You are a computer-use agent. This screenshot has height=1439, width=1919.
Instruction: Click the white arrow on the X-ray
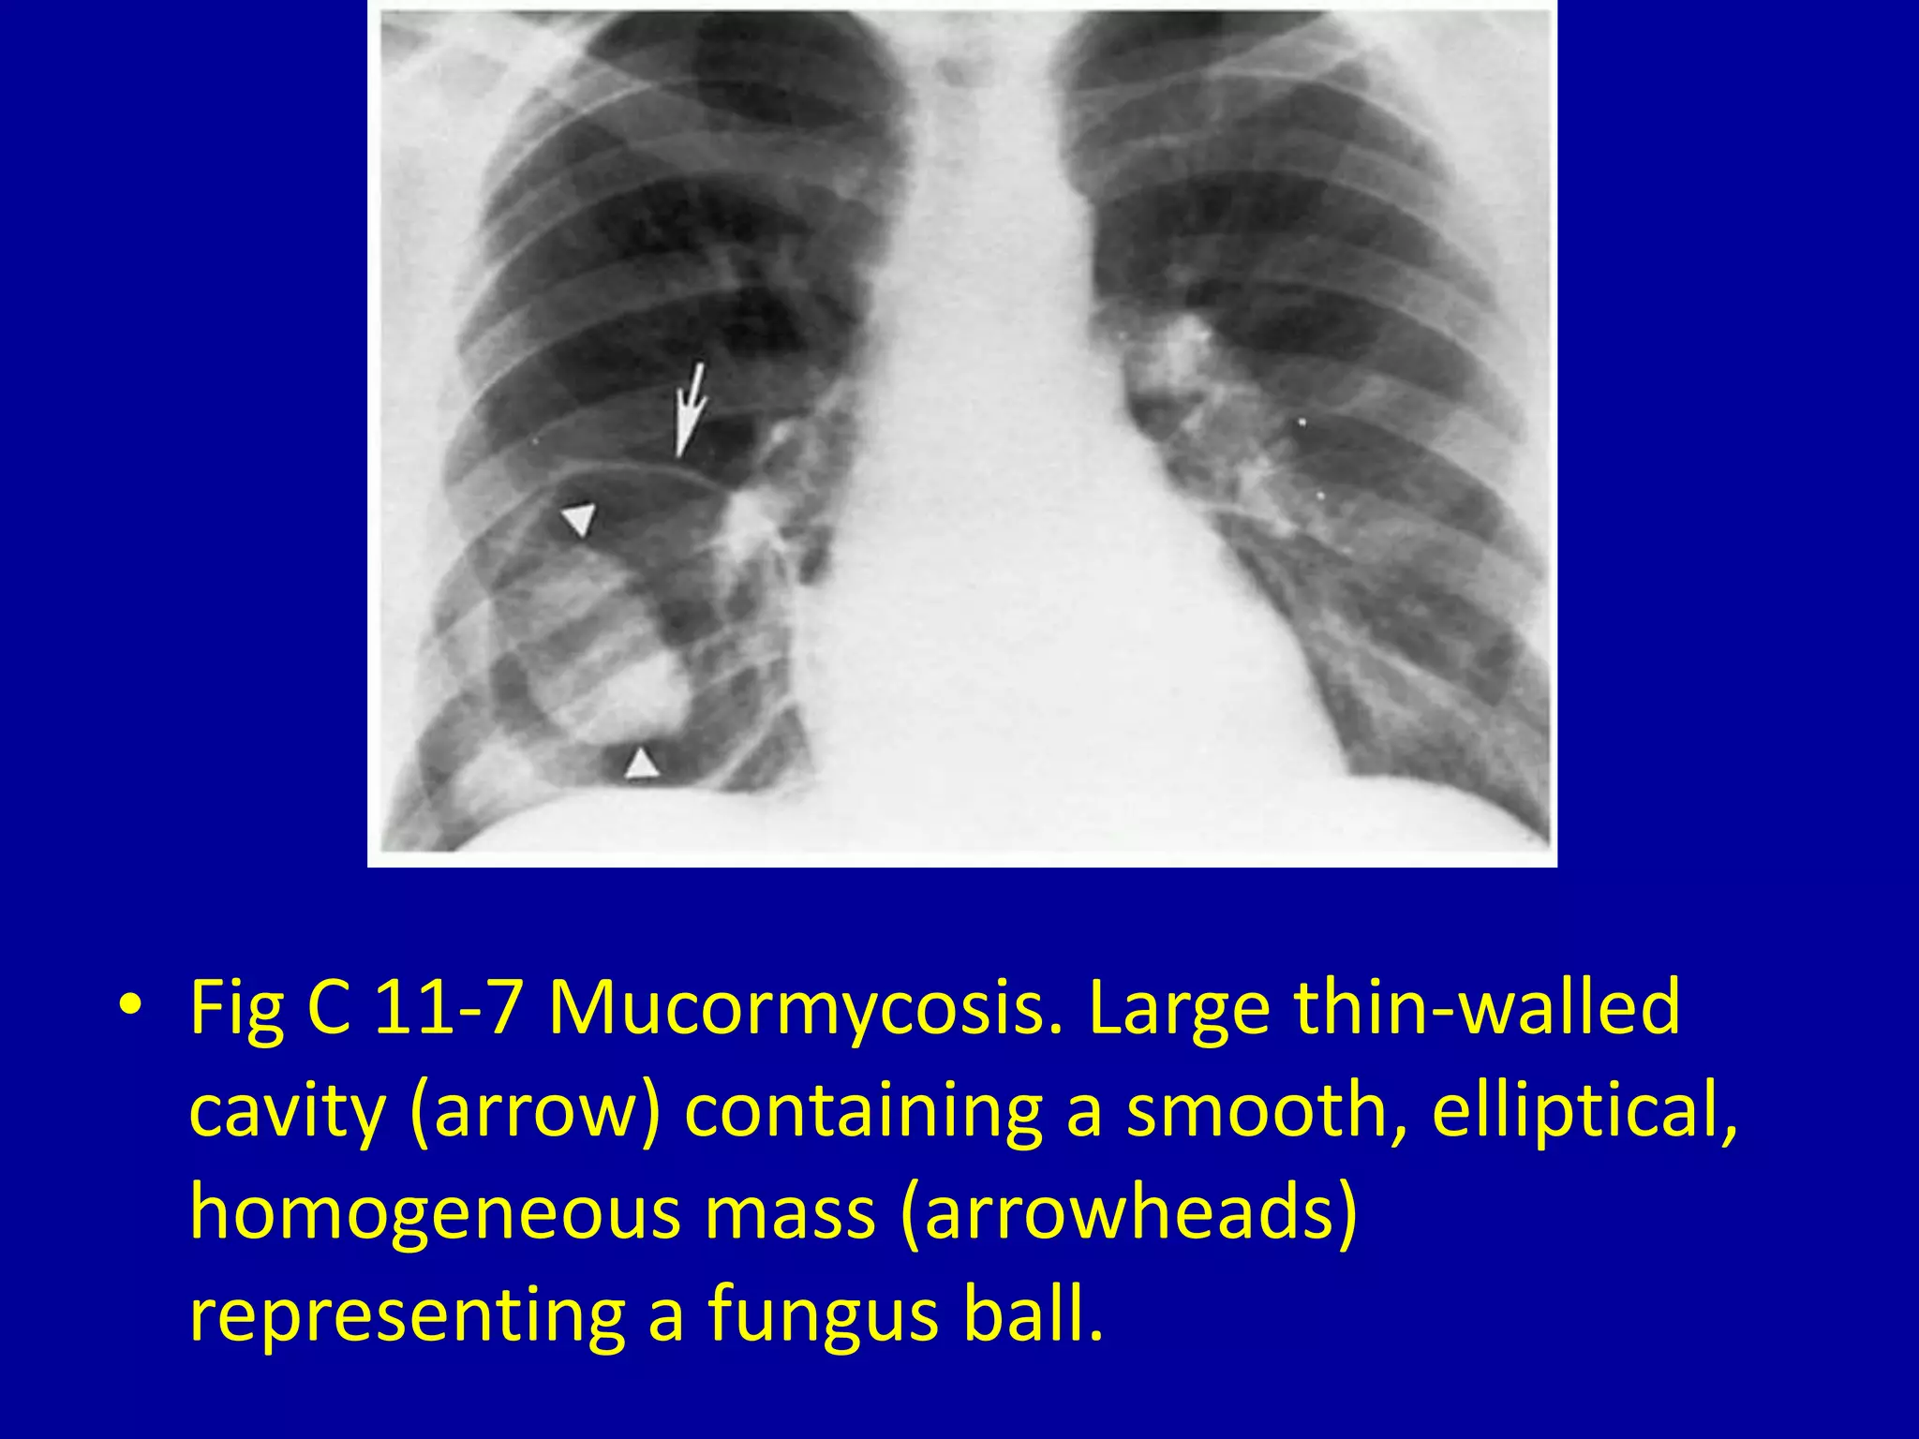691,409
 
